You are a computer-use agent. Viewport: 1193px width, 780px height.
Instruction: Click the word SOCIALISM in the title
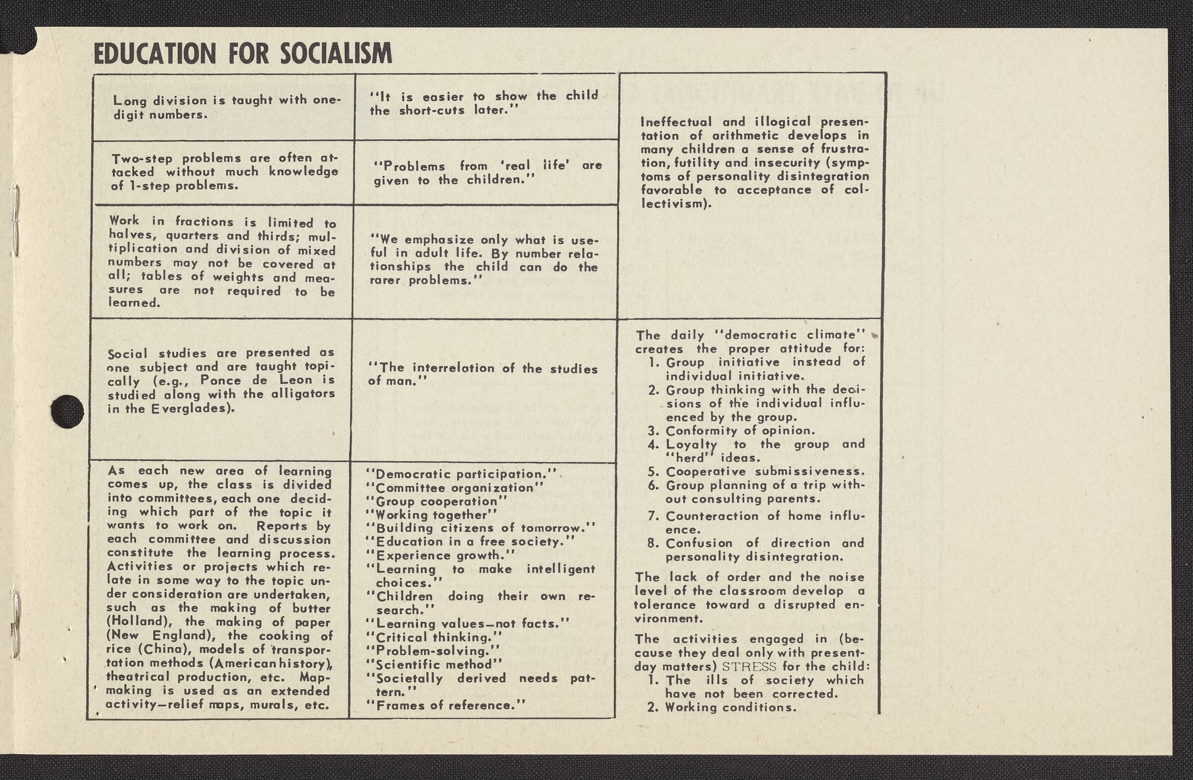pyautogui.click(x=336, y=54)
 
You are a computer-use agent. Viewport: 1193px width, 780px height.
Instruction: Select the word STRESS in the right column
pyautogui.click(x=749, y=667)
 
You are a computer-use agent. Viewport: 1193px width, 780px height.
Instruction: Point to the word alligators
pyautogui.click(x=303, y=394)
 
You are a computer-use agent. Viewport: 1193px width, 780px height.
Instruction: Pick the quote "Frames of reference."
pyautogui.click(x=446, y=706)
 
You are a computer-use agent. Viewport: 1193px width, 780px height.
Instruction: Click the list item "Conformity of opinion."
pyautogui.click(x=740, y=430)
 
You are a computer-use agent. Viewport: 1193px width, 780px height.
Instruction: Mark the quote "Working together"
pyautogui.click(x=432, y=515)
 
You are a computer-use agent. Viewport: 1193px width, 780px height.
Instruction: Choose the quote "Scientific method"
pyautogui.click(x=434, y=665)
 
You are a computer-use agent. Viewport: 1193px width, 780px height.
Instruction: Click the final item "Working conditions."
pyautogui.click(x=730, y=708)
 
